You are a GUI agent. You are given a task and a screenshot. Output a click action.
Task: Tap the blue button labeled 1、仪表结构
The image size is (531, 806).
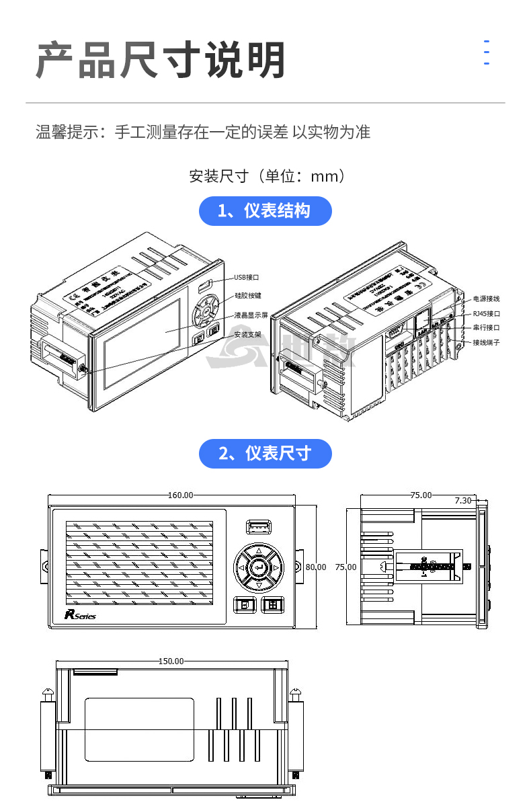(265, 211)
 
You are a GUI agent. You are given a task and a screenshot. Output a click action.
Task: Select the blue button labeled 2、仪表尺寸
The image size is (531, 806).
(265, 454)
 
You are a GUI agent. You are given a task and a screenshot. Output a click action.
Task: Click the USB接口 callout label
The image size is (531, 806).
(247, 277)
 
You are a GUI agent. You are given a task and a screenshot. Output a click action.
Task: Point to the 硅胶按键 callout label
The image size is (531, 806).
(248, 295)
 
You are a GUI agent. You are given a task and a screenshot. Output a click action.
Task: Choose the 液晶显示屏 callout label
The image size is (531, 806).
(251, 315)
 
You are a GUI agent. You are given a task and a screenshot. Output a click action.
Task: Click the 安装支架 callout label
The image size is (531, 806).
(248, 334)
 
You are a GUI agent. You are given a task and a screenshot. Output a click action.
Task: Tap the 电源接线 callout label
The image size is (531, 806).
(486, 298)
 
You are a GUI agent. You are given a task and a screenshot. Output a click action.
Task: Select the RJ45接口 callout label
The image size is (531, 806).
(486, 313)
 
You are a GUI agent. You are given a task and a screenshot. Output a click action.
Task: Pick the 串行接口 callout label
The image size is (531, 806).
(486, 328)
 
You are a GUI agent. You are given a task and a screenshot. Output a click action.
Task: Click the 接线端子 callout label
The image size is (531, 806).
(486, 343)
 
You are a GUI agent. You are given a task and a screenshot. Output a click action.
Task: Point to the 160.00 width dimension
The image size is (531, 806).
(180, 495)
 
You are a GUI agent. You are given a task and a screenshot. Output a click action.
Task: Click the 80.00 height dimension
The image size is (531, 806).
(316, 567)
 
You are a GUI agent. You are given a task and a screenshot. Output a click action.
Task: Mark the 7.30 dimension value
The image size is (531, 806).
(463, 501)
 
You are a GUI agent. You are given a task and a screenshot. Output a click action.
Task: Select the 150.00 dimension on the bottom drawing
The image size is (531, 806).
(171, 661)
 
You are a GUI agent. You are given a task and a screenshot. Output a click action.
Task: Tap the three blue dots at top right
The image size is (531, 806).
(486, 52)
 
